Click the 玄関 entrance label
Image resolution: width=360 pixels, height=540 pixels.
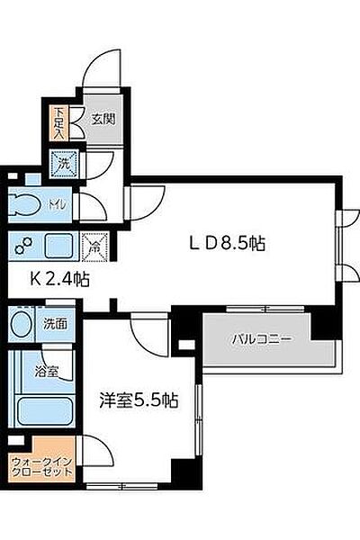[x=103, y=119]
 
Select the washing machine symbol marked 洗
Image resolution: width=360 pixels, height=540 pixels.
[x=65, y=164]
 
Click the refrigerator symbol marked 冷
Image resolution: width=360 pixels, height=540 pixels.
[x=94, y=246]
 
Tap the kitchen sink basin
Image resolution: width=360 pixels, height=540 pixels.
[x=59, y=245]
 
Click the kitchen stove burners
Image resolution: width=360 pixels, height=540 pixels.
[x=23, y=245]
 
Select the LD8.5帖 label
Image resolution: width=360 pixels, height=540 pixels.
[x=228, y=244]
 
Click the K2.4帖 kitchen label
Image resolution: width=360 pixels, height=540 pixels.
[x=59, y=279]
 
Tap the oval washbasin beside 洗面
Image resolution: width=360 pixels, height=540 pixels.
[x=22, y=324]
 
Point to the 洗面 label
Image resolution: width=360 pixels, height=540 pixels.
[x=55, y=324]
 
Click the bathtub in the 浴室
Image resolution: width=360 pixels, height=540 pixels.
[x=45, y=411]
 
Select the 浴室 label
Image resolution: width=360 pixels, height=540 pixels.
[x=46, y=371]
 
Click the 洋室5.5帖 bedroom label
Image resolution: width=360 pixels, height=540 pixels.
[x=139, y=400]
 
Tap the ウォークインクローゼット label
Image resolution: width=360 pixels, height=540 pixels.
[x=42, y=466]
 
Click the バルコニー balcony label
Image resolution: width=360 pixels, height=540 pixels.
[x=262, y=339]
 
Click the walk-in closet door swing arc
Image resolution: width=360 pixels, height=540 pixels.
[x=99, y=447]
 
